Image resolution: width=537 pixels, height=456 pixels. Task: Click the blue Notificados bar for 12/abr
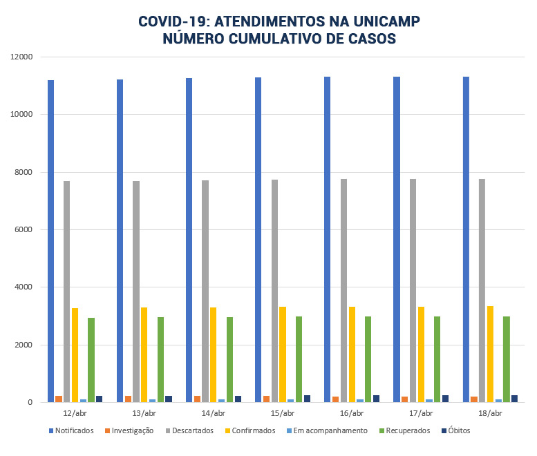pos(51,241)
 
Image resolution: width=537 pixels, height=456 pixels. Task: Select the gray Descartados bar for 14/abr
pos(205,291)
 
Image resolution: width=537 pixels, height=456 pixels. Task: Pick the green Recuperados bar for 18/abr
pos(507,359)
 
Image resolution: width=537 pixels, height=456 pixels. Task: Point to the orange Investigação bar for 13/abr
pos(128,399)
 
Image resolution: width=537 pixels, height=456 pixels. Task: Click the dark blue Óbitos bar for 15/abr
pos(307,399)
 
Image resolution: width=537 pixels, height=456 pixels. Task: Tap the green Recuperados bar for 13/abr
pos(160,359)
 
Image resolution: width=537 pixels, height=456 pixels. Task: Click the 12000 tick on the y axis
pos(22,57)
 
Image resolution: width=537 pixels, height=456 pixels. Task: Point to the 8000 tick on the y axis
pos(24,172)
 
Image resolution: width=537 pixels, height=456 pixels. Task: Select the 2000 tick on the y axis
pos(24,345)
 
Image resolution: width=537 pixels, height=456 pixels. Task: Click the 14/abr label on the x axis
pos(213,413)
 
